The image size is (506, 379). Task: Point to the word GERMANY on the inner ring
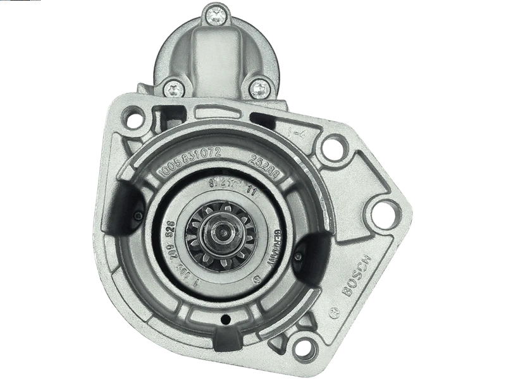(x=275, y=241)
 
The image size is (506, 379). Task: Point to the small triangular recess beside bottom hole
(x=278, y=342)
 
